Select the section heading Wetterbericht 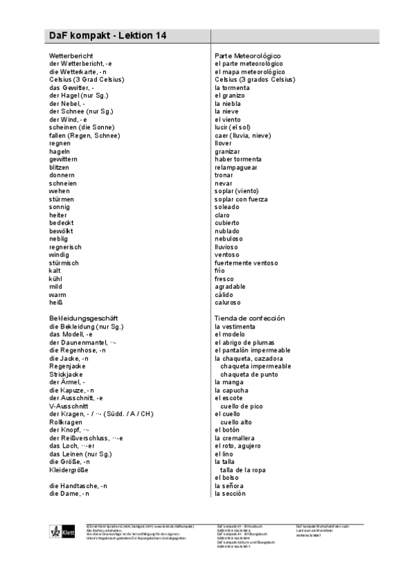pos(72,55)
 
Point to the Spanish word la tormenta pos(232,87)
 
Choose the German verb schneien pos(63,184)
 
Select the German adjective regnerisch pos(65,246)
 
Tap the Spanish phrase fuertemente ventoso pos(246,263)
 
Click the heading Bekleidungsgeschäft pos(81,318)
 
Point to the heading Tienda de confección pos(250,318)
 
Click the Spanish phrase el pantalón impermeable pos(252,350)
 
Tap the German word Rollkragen pos(66,421)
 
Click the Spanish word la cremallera pos(235,438)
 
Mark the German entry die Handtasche pos(78,486)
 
